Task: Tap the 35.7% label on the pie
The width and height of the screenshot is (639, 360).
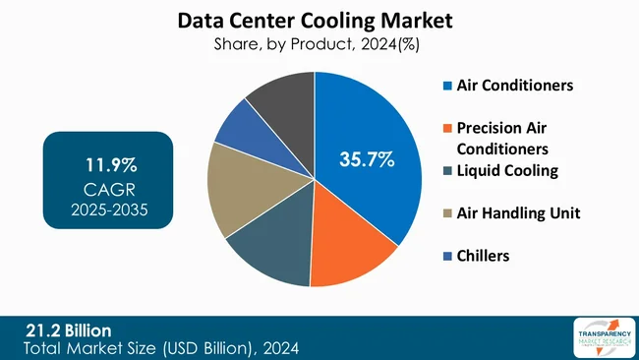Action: click(367, 158)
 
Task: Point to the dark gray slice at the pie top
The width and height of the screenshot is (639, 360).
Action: click(285, 97)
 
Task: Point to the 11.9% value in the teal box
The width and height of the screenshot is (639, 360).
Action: click(109, 163)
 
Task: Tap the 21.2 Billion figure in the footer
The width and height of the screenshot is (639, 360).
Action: click(69, 330)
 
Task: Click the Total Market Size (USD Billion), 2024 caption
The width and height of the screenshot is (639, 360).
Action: click(162, 347)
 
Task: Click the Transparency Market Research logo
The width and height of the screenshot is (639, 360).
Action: click(599, 337)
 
